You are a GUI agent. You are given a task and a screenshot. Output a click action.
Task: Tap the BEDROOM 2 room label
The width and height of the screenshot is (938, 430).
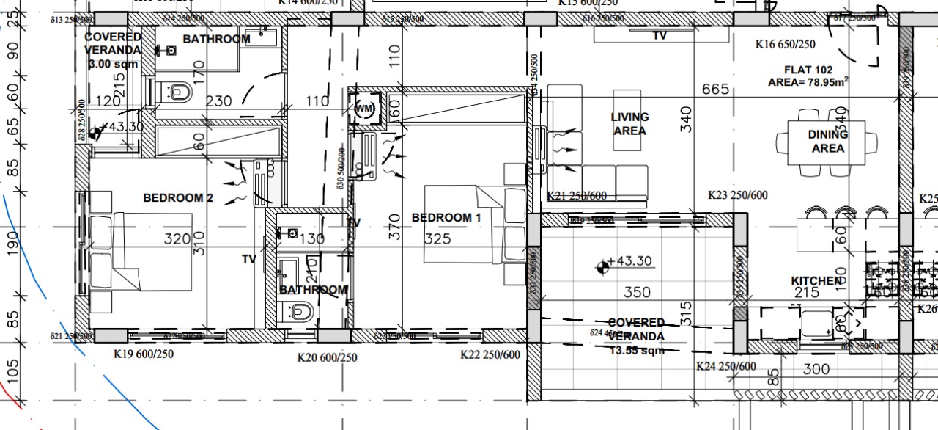click(x=178, y=197)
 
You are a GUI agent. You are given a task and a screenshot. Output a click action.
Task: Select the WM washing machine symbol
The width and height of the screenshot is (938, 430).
click(x=364, y=108)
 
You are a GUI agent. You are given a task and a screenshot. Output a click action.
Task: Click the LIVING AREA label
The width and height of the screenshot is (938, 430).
click(x=629, y=124)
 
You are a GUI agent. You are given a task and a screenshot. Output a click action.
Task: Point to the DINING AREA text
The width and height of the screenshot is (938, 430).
click(x=827, y=142)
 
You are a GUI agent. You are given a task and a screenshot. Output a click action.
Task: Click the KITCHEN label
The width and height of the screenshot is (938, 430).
click(x=816, y=281)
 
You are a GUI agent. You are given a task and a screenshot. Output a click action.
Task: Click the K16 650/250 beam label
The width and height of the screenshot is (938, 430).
click(x=786, y=45)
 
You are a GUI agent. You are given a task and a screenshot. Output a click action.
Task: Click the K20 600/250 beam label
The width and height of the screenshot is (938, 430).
click(x=327, y=358)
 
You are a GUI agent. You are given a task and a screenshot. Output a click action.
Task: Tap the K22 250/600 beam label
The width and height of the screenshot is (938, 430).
click(x=490, y=355)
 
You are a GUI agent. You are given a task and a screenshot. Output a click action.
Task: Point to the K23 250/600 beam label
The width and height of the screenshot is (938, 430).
click(x=737, y=195)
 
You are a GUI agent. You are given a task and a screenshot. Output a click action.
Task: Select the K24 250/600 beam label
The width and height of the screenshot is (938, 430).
click(x=725, y=366)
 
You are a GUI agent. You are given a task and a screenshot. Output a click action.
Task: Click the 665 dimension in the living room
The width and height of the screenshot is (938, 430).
click(x=715, y=90)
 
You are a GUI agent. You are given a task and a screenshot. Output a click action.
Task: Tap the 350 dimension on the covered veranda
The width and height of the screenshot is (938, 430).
click(x=637, y=292)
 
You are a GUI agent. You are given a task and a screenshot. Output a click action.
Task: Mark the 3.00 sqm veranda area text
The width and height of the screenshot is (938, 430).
click(x=113, y=65)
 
